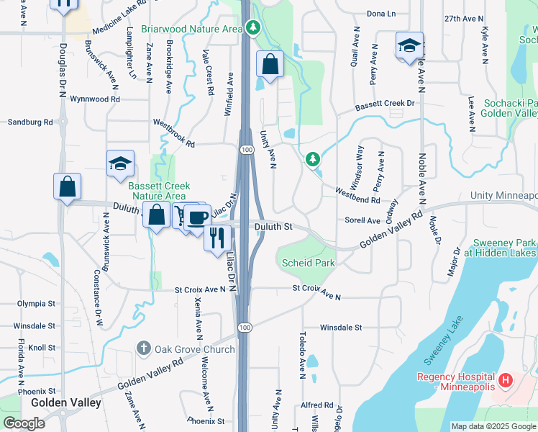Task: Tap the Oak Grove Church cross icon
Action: [x=144, y=349]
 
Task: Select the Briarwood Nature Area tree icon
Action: [x=252, y=28]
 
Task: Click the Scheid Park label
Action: [x=308, y=263]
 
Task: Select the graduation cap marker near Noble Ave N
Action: [x=409, y=45]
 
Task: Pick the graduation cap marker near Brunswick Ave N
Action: [x=120, y=163]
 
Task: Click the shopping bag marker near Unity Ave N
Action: [x=270, y=63]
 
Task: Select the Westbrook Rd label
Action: [x=173, y=133]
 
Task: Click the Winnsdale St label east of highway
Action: [x=340, y=327]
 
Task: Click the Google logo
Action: [x=24, y=423]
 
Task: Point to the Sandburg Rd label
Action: [x=30, y=122]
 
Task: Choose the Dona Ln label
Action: [x=381, y=14]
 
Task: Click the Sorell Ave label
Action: [x=362, y=220]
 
